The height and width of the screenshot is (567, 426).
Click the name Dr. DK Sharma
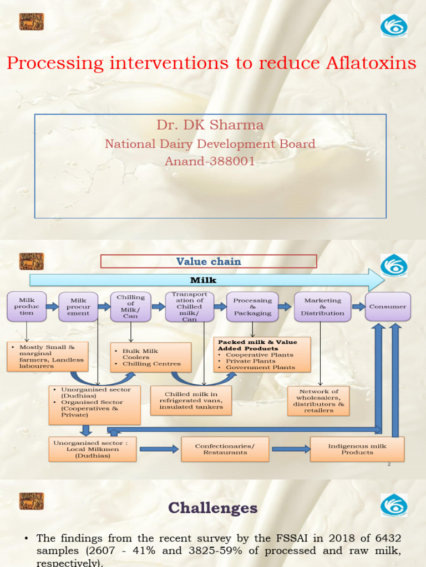(x=210, y=125)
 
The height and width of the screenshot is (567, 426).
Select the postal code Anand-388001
(x=210, y=162)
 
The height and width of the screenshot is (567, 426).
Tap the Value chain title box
(x=209, y=261)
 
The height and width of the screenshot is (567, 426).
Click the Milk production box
(x=27, y=306)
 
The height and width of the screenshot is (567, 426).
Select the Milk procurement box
(x=78, y=307)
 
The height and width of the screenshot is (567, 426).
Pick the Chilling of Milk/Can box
(x=130, y=306)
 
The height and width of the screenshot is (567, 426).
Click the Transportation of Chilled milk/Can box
(x=189, y=307)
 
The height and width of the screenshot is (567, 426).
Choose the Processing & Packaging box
(x=252, y=307)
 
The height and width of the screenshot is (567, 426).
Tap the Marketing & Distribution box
(x=322, y=307)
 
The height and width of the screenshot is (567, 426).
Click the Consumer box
(x=388, y=306)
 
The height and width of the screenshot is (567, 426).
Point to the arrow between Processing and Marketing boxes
(x=285, y=306)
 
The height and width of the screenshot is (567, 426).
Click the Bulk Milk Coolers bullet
(x=141, y=351)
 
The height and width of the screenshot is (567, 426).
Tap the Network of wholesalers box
(x=318, y=401)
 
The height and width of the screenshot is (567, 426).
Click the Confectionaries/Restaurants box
(x=225, y=449)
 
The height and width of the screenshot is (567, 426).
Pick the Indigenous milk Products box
(x=357, y=449)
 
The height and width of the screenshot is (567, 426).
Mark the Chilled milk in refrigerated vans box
(x=191, y=400)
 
